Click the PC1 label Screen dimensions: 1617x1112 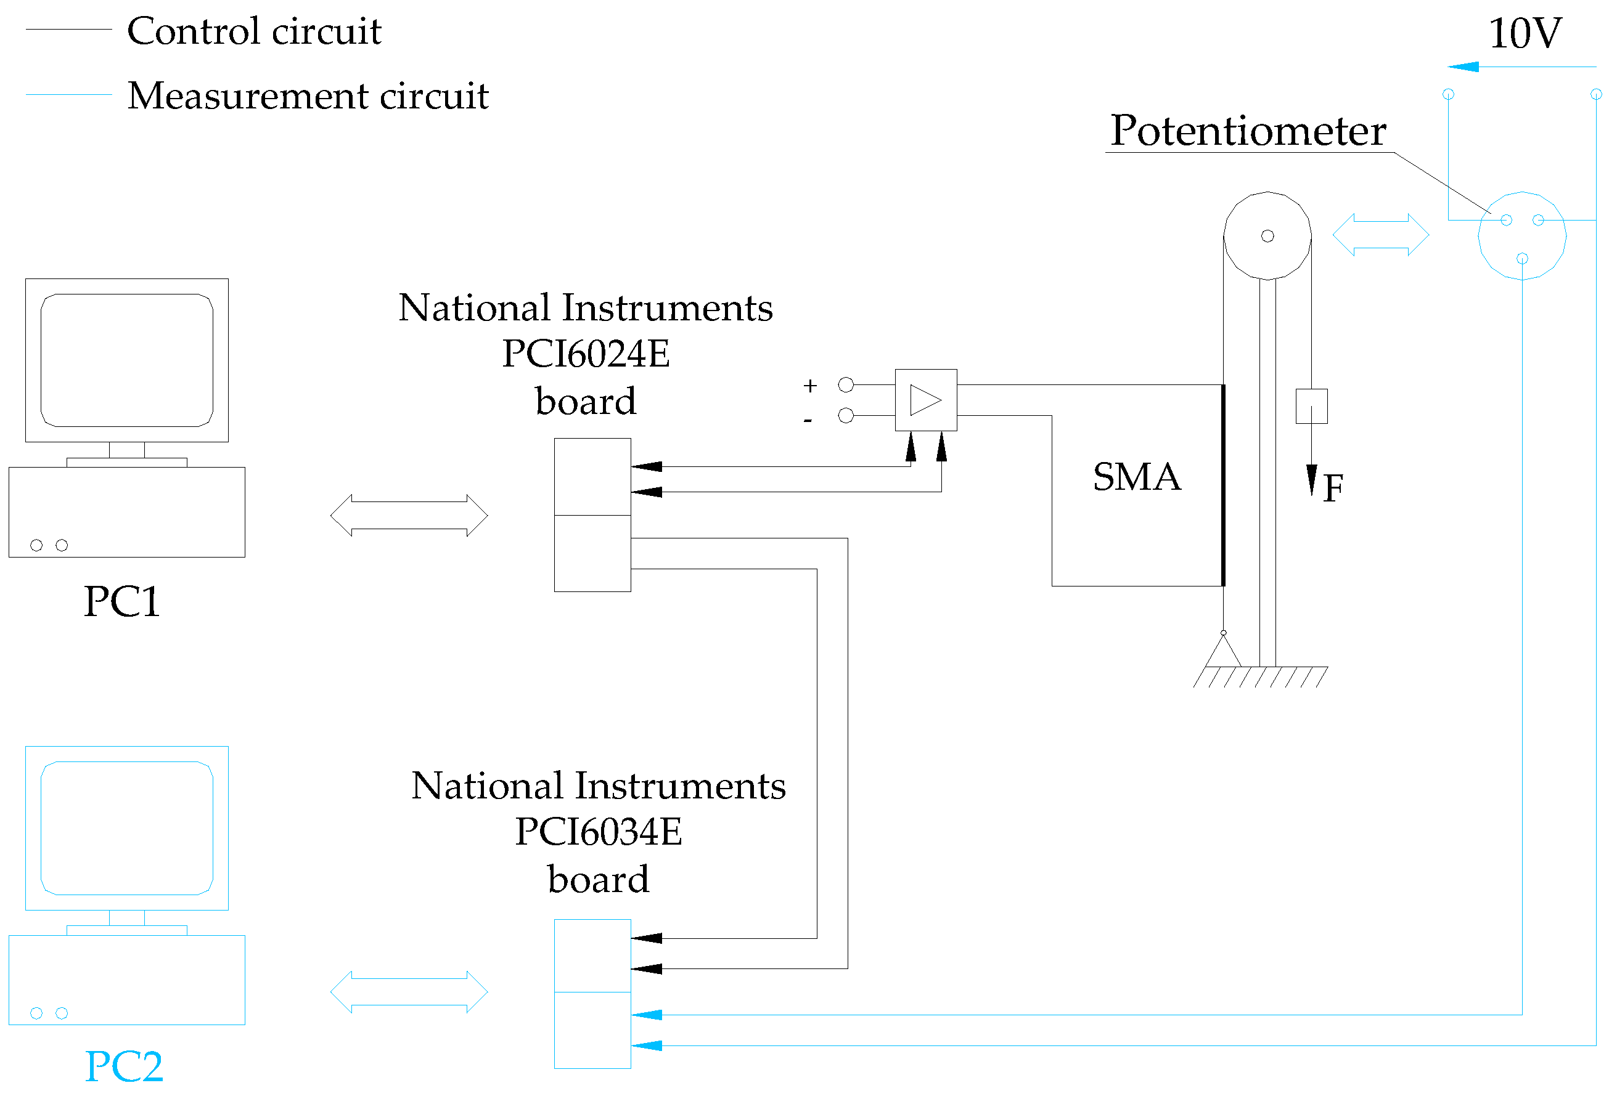coord(122,601)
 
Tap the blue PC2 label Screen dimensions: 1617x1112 coord(124,1066)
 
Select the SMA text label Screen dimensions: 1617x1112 coord(1137,477)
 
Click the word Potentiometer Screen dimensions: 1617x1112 coord(1248,131)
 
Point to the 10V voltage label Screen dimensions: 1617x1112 coord(1525,33)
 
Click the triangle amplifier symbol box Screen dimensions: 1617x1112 coord(925,400)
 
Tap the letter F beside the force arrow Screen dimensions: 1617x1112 coord(1333,488)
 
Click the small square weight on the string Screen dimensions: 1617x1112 coord(1311,406)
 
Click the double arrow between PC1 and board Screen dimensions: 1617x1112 coord(409,516)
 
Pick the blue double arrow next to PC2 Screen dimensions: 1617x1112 coord(409,991)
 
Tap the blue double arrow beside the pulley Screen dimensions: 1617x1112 coord(1381,235)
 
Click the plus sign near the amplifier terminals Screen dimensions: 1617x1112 coord(810,385)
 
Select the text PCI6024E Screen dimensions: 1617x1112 coord(586,354)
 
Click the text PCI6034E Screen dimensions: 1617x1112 coord(599,832)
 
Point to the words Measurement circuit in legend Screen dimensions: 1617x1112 coord(308,95)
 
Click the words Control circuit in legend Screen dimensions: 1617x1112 coord(255,31)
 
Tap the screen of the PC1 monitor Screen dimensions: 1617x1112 coord(127,360)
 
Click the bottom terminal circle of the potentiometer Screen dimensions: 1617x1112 coord(1522,259)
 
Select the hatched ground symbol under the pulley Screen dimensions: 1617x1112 coord(1260,676)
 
